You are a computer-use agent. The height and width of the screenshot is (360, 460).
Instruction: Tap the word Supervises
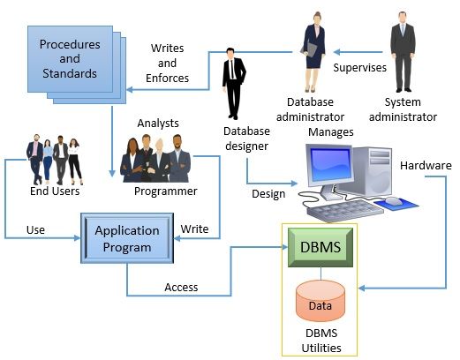point(358,67)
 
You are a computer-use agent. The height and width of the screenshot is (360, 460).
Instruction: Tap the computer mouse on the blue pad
point(393,202)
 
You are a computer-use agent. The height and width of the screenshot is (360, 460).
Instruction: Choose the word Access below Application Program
point(181,287)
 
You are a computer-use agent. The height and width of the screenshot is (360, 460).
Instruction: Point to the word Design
point(268,194)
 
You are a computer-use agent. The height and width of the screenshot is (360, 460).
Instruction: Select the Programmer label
point(165,191)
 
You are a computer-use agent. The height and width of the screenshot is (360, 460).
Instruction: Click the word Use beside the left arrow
point(35,229)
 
